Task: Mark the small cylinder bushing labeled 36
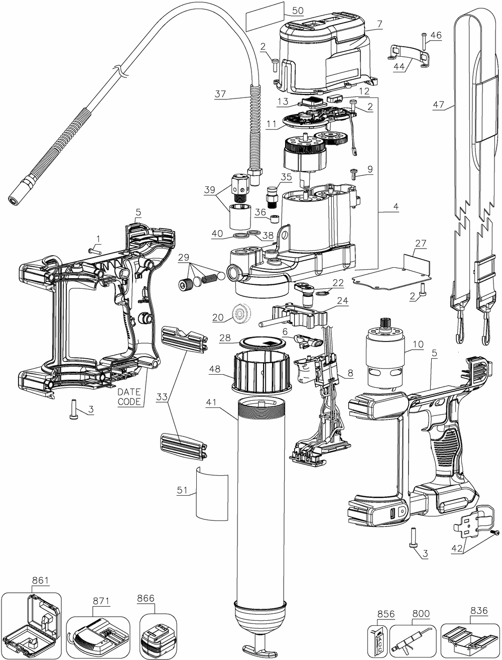click(x=274, y=219)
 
